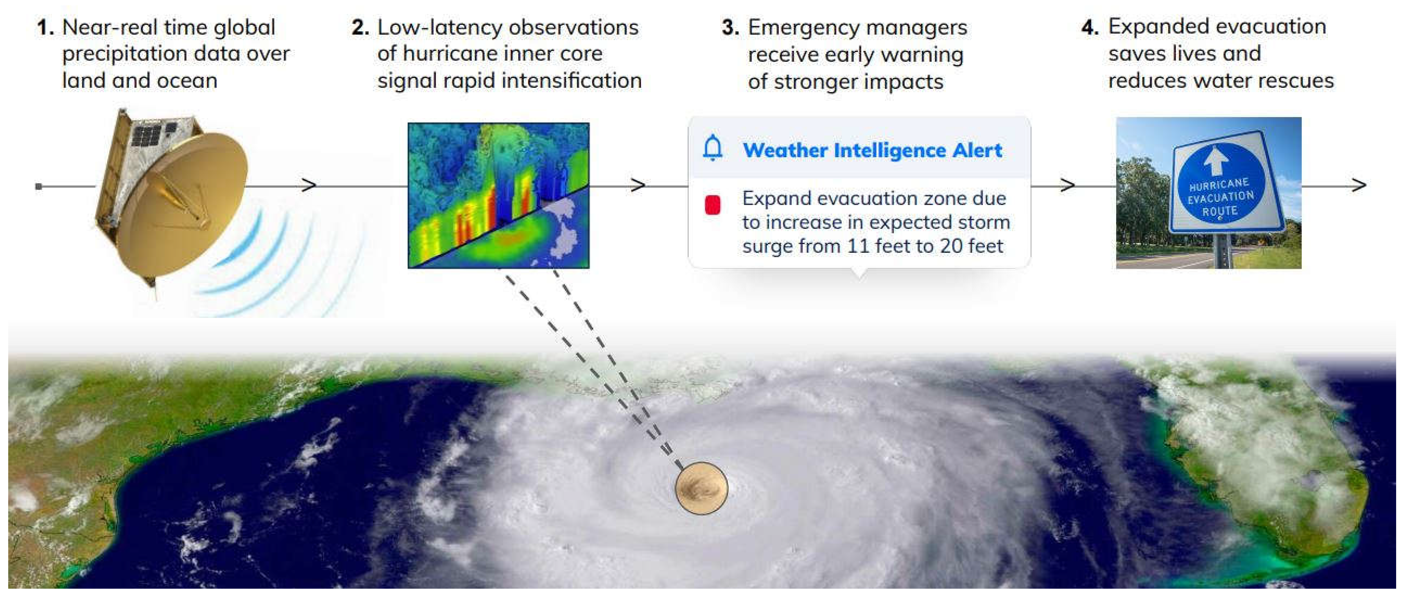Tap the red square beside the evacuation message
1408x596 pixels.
coord(712,205)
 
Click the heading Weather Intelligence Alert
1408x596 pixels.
coord(872,150)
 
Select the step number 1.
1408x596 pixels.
coord(45,27)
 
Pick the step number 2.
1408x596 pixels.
coord(360,27)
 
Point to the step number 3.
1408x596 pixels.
coord(730,27)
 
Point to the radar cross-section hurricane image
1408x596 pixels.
coord(499,195)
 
